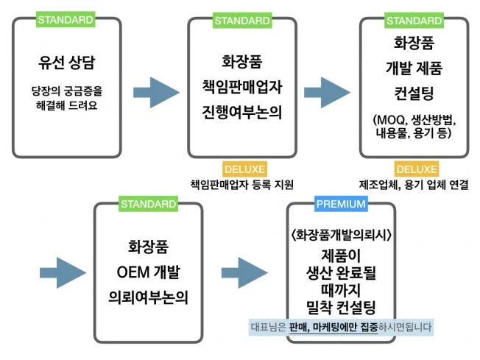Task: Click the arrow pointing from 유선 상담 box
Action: point(157,91)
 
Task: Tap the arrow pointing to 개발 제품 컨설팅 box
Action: point(328,91)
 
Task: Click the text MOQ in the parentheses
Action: point(387,120)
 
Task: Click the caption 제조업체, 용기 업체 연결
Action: point(414,184)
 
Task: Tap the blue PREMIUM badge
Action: point(341,204)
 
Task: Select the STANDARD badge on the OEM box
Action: point(148,204)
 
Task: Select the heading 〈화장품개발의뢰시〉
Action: point(340,236)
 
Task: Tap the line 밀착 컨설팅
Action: point(340,306)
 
